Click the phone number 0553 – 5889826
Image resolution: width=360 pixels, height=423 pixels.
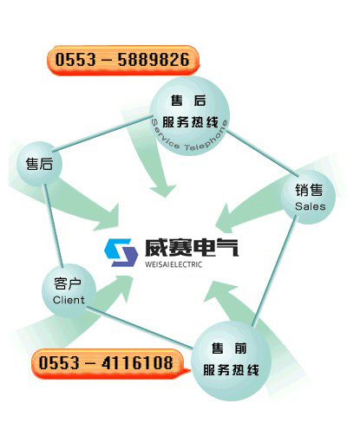tap(122, 60)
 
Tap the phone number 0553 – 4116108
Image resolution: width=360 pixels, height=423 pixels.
tap(106, 362)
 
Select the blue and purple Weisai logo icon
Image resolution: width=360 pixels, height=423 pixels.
tap(121, 252)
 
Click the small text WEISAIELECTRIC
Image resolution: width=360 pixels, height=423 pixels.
tap(173, 264)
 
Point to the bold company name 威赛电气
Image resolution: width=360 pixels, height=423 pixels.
tap(192, 248)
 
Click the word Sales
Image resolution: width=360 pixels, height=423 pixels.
tap(311, 206)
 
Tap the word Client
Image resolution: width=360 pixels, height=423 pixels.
tap(69, 300)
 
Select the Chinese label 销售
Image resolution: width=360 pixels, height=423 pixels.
tap(309, 191)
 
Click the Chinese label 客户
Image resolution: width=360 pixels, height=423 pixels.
tap(68, 283)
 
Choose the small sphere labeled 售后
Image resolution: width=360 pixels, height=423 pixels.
tap(39, 164)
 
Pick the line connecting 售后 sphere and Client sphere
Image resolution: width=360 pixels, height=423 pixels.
tap(53, 225)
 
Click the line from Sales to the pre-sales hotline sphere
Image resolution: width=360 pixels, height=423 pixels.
tap(274, 271)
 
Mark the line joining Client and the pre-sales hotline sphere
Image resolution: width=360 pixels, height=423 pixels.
tap(140, 328)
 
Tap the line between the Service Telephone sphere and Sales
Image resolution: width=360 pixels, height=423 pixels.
tap(263, 153)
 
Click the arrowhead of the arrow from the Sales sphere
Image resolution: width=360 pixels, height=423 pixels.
tap(224, 219)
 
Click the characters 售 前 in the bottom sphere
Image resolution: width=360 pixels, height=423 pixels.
tap(229, 348)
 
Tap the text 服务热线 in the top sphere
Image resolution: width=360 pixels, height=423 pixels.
tap(190, 122)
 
